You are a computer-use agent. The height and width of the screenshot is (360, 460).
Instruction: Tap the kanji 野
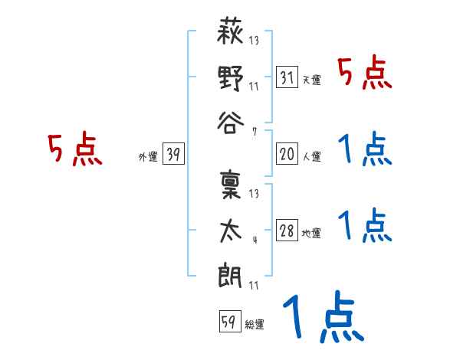pyautogui.click(x=231, y=77)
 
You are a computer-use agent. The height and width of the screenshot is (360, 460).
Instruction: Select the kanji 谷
pyautogui.click(x=231, y=122)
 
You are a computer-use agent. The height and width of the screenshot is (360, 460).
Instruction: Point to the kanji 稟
pyautogui.click(x=231, y=186)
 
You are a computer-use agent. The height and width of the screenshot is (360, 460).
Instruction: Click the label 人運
pyautogui.click(x=311, y=156)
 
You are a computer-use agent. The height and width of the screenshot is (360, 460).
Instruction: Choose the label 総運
pyautogui.click(x=254, y=324)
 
